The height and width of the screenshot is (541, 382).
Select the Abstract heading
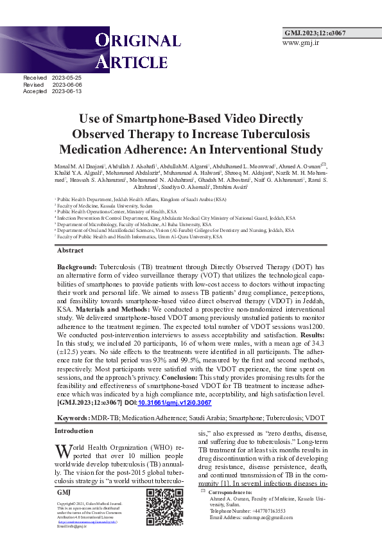pyautogui.click(x=70, y=250)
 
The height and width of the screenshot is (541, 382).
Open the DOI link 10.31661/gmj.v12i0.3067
pyautogui.click(x=174, y=402)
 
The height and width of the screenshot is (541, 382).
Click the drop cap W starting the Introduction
pyautogui.click(x=63, y=450)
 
